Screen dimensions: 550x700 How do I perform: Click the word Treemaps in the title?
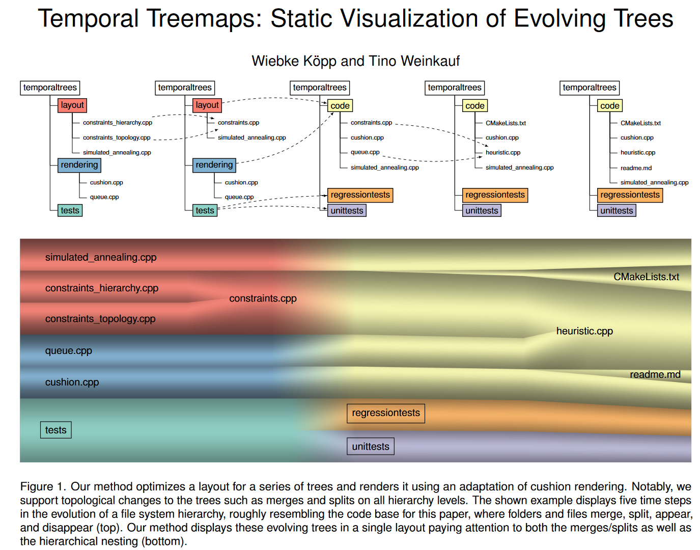(x=204, y=19)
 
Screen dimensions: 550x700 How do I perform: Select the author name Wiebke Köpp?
(x=294, y=61)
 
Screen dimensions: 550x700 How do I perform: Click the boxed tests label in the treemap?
(x=56, y=430)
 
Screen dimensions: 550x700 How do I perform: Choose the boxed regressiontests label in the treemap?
(x=386, y=413)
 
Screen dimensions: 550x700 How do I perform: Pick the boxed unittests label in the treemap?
(x=371, y=447)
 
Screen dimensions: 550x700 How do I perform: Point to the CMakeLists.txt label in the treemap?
(x=646, y=277)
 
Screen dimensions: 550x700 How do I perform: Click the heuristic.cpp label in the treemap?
(x=584, y=331)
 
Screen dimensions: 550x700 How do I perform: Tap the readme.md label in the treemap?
(x=655, y=375)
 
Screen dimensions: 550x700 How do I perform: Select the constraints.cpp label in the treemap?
(x=263, y=298)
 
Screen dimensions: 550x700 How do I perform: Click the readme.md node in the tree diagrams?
(x=636, y=168)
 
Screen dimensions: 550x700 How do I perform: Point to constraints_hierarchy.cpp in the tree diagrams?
(x=118, y=123)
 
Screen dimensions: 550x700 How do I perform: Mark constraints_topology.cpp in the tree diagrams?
(x=117, y=137)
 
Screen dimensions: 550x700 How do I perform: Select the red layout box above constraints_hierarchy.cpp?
(x=72, y=105)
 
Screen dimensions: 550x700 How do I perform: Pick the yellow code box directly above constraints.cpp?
(x=340, y=106)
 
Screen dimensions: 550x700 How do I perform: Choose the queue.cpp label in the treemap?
(x=69, y=351)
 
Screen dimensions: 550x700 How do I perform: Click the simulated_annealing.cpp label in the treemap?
(x=101, y=258)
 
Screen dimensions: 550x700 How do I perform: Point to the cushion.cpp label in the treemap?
(x=72, y=382)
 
